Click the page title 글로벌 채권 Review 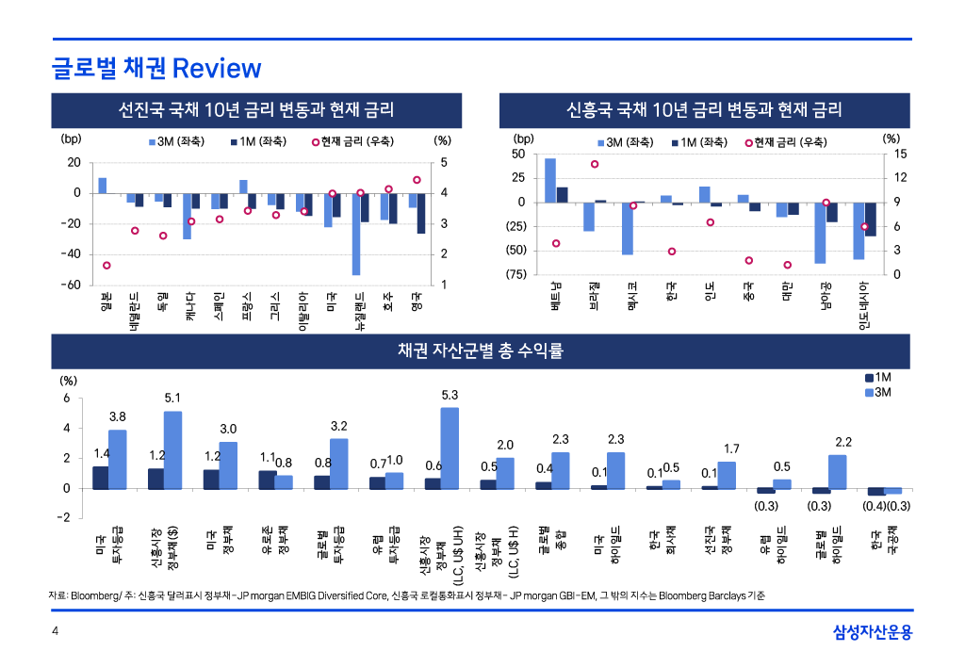[x=155, y=69]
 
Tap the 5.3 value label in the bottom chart [x=450, y=396]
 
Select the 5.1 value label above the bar [x=172, y=399]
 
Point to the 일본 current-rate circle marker [x=106, y=266]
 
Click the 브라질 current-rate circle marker [x=595, y=164]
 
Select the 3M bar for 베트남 [x=550, y=180]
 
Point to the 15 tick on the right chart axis [x=900, y=154]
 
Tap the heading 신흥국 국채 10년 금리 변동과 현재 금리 [x=704, y=109]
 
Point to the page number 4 [x=55, y=632]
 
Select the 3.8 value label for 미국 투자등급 [x=118, y=416]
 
